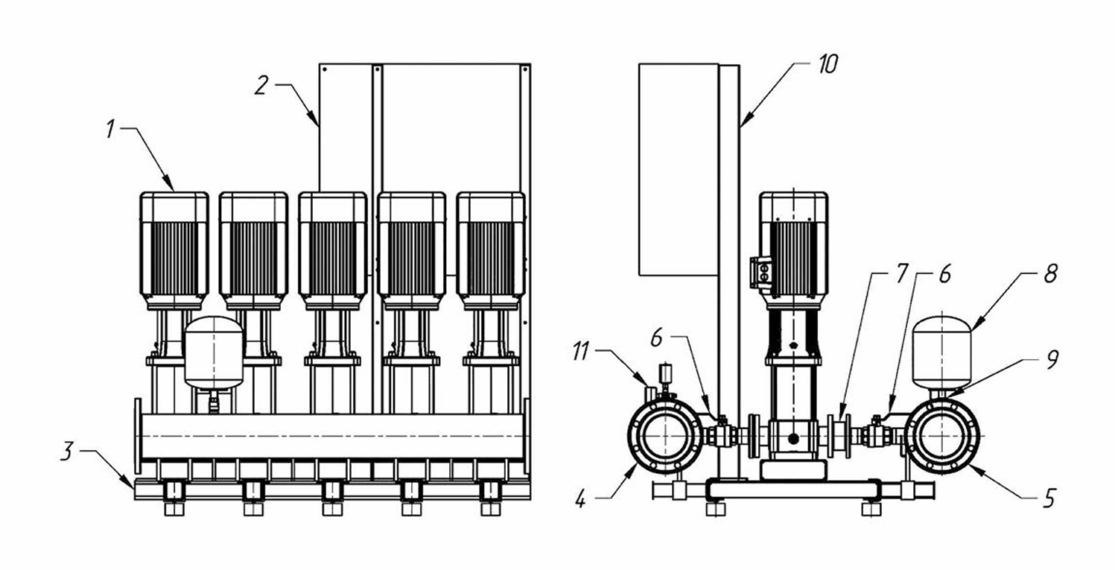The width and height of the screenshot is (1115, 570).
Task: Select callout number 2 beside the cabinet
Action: tap(262, 86)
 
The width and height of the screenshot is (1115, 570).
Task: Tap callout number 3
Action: tap(67, 452)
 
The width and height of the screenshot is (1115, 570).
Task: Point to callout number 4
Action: tap(580, 498)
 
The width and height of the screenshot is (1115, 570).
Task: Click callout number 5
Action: tap(1049, 498)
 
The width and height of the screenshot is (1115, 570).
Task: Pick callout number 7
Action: tap(901, 273)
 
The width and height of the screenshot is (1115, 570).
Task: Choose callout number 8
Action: tap(1050, 273)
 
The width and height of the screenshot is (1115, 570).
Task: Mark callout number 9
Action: tap(1052, 359)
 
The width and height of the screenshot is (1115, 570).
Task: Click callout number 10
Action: tap(827, 65)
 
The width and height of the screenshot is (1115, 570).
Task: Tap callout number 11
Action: tap(580, 352)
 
